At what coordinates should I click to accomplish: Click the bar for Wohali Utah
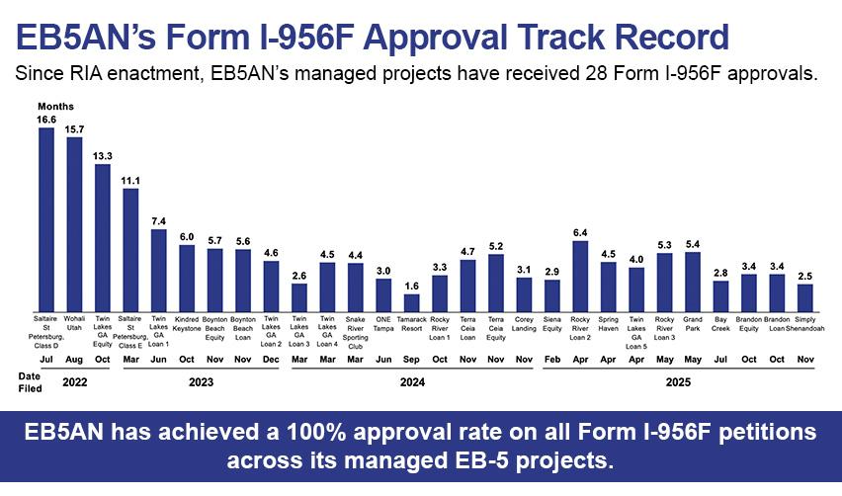(x=74, y=224)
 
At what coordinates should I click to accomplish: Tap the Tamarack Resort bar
(x=412, y=301)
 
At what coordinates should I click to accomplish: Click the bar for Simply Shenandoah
(x=805, y=297)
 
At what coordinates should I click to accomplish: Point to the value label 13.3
(x=103, y=155)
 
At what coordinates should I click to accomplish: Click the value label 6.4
(x=581, y=232)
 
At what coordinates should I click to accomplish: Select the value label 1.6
(x=412, y=286)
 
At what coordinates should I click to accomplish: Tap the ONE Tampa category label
(x=383, y=327)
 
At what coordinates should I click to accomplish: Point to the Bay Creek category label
(x=721, y=323)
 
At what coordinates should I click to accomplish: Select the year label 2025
(x=678, y=379)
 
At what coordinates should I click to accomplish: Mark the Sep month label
(x=412, y=361)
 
